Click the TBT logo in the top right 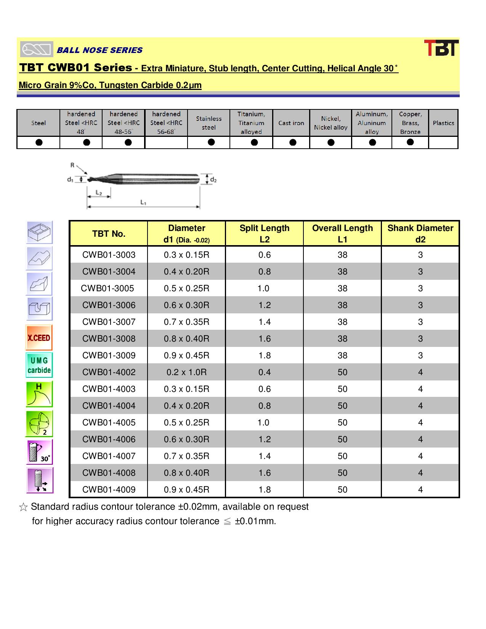pos(441,48)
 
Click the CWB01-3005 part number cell pos(107,289)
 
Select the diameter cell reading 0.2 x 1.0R pos(186,372)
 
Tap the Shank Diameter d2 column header pos(420,233)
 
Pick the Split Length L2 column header pos(264,233)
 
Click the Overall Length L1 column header pos(342,233)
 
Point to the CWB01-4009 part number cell pos(109,489)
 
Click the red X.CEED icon pos(39,338)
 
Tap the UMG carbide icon pos(39,365)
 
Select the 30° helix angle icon pos(39,452)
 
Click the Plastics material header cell pos(443,123)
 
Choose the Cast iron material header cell pos(291,123)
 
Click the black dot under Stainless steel pos(211,142)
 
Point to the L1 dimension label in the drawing pos(143,202)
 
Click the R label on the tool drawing pos(72,165)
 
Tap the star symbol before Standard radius pos(23,507)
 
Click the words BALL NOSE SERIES pos(99,50)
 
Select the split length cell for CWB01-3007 pos(265,322)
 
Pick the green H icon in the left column pos(39,394)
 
